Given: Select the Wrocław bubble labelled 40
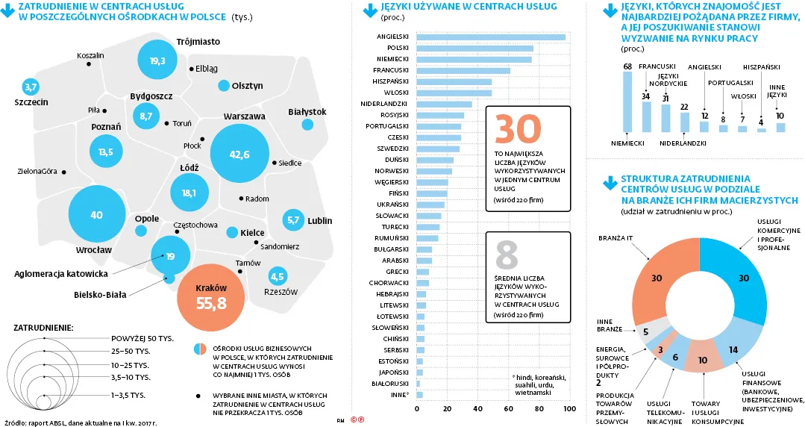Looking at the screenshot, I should point(96,215).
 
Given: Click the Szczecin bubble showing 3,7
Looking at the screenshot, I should point(31,87).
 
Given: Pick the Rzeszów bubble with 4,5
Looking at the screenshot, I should point(278,276).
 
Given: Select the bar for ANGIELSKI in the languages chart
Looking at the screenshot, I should point(490,37).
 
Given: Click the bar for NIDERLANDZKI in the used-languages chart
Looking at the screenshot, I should point(444,104).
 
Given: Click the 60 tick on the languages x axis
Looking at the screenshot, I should point(508,409).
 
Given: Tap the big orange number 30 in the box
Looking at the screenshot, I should point(517,129).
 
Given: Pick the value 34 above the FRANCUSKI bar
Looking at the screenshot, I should point(646,96).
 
